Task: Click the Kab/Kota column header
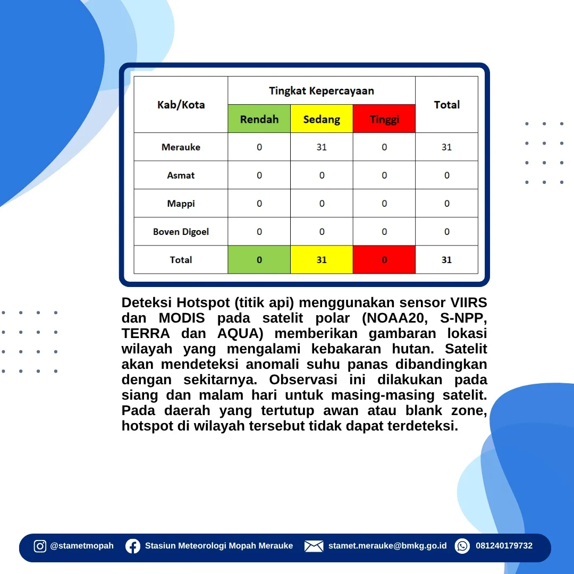[181, 105]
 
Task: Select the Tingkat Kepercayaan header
[322, 91]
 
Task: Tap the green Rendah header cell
[259, 119]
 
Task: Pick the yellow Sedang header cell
[322, 119]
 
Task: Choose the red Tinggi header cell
[384, 119]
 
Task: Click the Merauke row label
[181, 147]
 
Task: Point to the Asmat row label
[181, 175]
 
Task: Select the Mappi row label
[181, 204]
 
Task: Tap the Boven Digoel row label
[181, 232]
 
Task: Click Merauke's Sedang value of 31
[322, 147]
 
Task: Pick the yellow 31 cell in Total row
[322, 259]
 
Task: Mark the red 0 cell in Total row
[384, 259]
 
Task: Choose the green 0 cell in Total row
[259, 259]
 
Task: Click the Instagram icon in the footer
[40, 546]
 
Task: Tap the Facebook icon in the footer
[133, 546]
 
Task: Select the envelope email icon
[314, 546]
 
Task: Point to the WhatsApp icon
[462, 546]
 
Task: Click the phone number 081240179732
[504, 546]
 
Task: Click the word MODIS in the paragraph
[182, 318]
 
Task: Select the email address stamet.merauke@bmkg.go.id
[387, 546]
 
